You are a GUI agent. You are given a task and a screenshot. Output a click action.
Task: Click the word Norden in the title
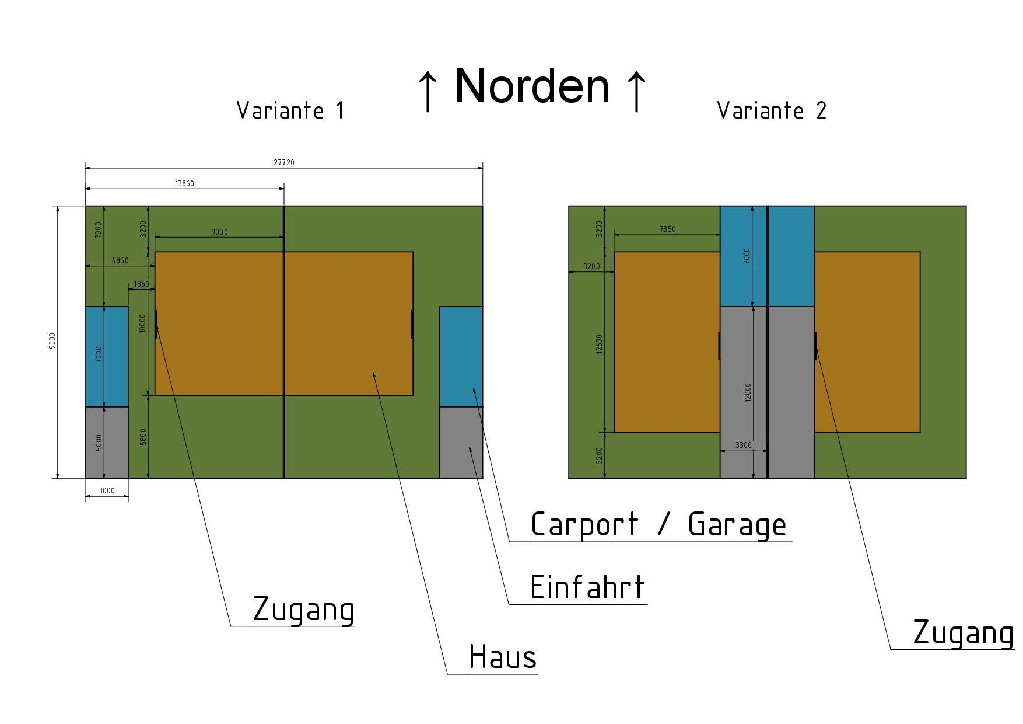532,86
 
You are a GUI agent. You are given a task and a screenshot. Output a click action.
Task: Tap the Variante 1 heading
290,110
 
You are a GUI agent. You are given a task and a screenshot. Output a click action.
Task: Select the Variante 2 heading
772,110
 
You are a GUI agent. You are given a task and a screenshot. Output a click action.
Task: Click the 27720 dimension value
284,162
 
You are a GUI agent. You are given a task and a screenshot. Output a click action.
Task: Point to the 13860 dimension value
184,183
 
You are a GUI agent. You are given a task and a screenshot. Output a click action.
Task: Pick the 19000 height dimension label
52,342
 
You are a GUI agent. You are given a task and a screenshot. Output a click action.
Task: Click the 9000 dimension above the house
219,232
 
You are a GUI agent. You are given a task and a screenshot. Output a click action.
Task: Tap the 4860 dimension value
120,260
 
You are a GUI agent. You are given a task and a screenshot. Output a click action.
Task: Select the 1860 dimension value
141,284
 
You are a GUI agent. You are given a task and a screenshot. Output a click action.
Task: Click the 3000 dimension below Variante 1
107,490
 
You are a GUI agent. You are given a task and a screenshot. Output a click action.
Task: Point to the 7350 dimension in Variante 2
667,229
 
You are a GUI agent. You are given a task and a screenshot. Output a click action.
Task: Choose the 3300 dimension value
743,445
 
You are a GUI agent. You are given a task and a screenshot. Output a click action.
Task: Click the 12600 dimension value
600,346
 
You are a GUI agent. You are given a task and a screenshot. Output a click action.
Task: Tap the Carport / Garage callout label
658,524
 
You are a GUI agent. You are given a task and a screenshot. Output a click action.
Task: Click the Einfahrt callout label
587,587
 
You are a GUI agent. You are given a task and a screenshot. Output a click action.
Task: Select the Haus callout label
502,657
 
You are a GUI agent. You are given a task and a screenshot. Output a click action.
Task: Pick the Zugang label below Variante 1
303,610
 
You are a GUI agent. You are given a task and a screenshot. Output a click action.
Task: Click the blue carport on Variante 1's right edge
461,356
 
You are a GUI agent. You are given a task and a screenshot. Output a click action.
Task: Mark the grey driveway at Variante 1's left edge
107,443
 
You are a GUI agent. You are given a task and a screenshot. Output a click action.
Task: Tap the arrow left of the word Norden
428,90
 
